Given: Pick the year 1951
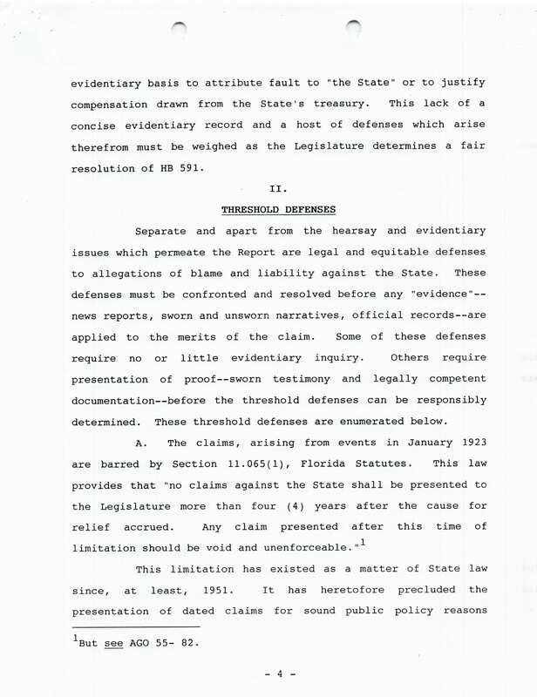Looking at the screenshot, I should tap(201, 589).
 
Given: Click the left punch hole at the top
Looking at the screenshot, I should tap(179, 29).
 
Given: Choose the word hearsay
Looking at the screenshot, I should tap(332, 231).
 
